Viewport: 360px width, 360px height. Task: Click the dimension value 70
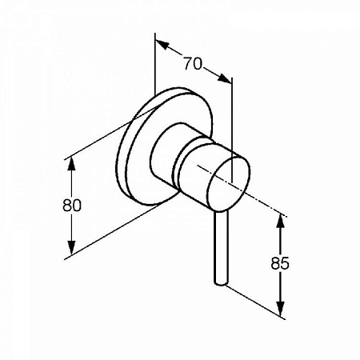pyautogui.click(x=193, y=64)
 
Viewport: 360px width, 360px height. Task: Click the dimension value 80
pyautogui.click(x=72, y=206)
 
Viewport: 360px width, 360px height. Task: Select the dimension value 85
pyautogui.click(x=280, y=263)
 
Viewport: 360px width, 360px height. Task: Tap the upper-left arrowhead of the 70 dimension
pyautogui.click(x=162, y=45)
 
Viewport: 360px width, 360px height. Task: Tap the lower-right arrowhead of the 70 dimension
pyautogui.click(x=225, y=78)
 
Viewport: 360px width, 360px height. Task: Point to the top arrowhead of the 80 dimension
pyautogui.click(x=71, y=165)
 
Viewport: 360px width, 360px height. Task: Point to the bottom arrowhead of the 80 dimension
pyautogui.click(x=71, y=248)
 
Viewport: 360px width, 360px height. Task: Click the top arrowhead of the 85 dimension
pyautogui.click(x=280, y=220)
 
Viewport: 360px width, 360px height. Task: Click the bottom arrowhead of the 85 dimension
pyautogui.click(x=280, y=309)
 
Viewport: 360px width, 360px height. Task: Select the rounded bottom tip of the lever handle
pyautogui.click(x=222, y=283)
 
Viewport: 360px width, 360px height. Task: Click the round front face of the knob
pyautogui.click(x=229, y=185)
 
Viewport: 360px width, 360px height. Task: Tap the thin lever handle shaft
pyautogui.click(x=222, y=248)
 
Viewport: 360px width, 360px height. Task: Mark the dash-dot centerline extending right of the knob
pyautogui.click(x=242, y=191)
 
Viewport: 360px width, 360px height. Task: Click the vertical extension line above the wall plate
pyautogui.click(x=155, y=64)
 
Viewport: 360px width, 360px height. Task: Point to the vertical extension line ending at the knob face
pyautogui.click(x=232, y=130)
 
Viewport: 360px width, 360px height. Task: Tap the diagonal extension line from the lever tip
pyautogui.click(x=255, y=302)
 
